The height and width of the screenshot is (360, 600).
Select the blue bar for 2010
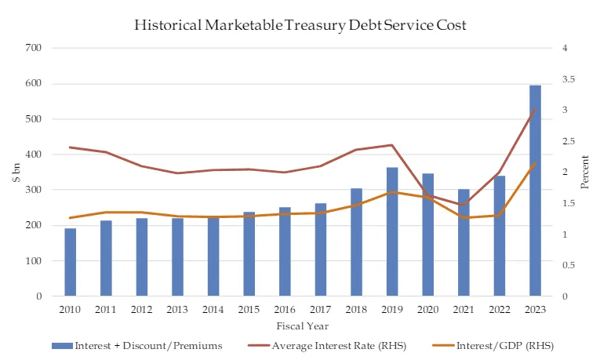(70, 262)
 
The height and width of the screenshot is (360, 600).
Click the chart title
(300, 24)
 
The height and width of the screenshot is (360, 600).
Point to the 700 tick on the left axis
(34, 49)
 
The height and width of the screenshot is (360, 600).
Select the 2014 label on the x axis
(213, 309)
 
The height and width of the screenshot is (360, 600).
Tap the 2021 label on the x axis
(464, 309)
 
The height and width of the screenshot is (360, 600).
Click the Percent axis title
(585, 173)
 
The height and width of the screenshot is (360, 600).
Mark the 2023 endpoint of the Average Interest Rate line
(535, 109)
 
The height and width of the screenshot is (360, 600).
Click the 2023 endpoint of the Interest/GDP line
(535, 163)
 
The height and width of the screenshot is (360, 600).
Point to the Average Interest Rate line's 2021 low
(464, 205)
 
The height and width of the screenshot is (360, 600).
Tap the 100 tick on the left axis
(34, 261)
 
